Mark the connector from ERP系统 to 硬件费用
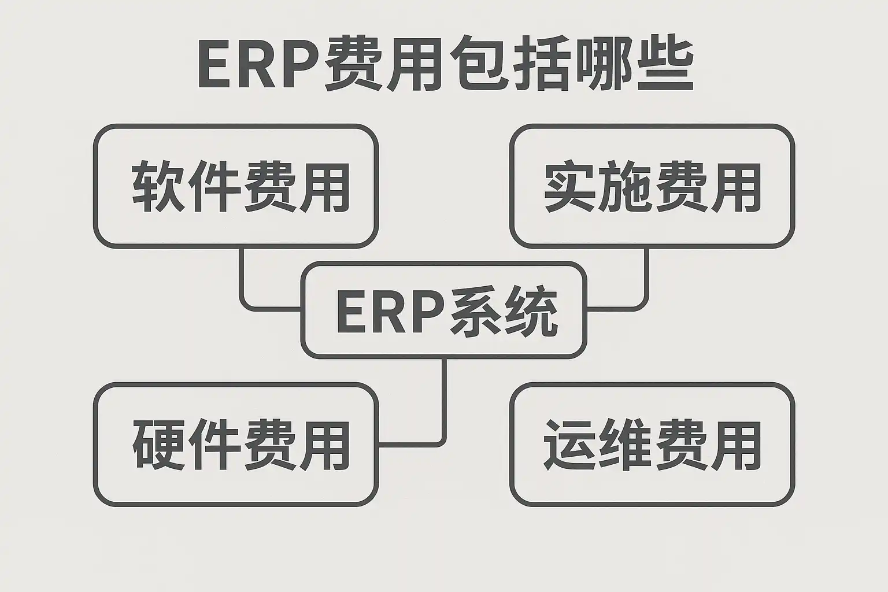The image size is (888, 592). pos(444,405)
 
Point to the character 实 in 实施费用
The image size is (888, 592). pos(570,187)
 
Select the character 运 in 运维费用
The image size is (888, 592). pos(570,444)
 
